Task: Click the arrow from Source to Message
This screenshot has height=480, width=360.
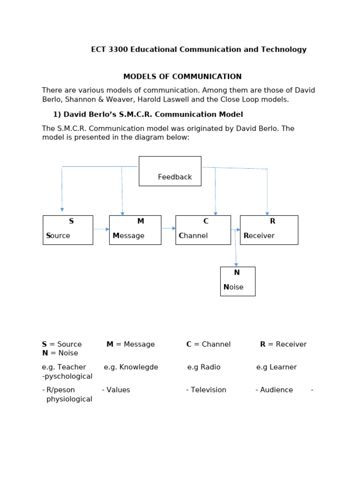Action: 101,229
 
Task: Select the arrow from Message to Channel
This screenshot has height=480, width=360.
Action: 168,228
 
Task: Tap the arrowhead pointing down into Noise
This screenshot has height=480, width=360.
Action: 236,265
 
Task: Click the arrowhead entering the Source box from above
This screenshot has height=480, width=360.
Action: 62,210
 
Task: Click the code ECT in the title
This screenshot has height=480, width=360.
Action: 98,49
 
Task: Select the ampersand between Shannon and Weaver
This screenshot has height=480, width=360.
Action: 101,99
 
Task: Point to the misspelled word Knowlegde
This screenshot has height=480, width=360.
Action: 139,367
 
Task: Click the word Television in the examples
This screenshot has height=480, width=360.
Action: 209,390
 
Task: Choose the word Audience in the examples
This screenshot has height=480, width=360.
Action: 277,390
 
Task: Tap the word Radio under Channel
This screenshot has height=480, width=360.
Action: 210,367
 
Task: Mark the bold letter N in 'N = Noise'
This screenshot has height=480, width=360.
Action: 45,353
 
